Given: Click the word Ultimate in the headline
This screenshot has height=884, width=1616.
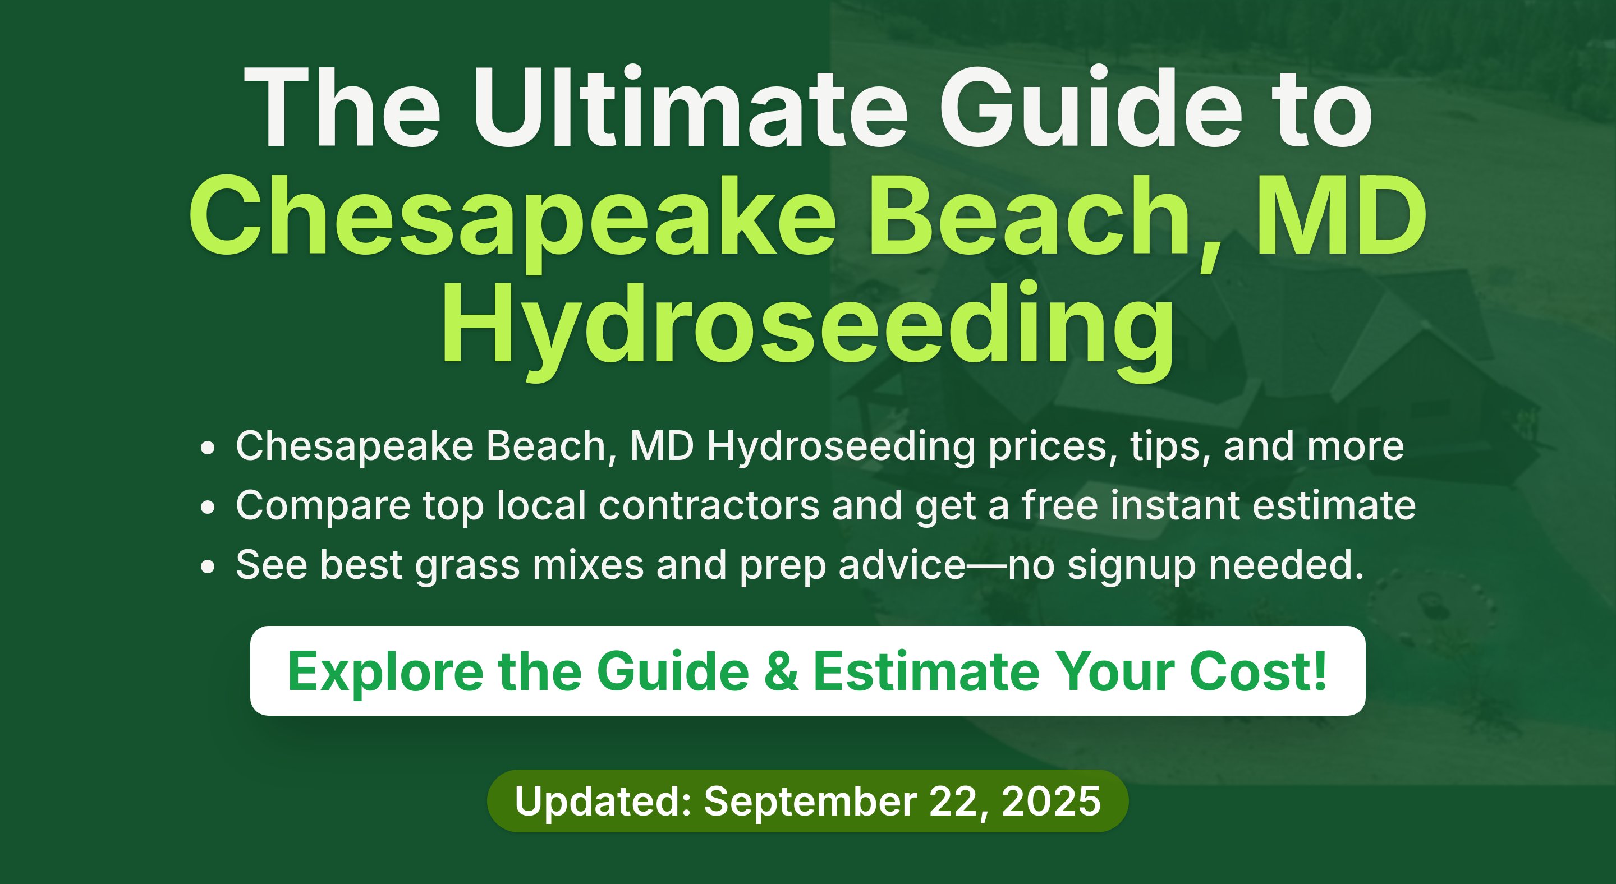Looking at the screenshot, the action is (690, 107).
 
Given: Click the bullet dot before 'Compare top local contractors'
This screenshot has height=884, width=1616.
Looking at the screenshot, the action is (208, 507).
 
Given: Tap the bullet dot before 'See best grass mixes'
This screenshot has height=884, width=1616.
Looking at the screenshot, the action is (208, 567).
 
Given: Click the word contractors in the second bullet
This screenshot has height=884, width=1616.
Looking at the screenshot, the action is (708, 505).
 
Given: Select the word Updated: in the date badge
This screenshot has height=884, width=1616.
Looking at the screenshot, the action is (603, 800).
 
